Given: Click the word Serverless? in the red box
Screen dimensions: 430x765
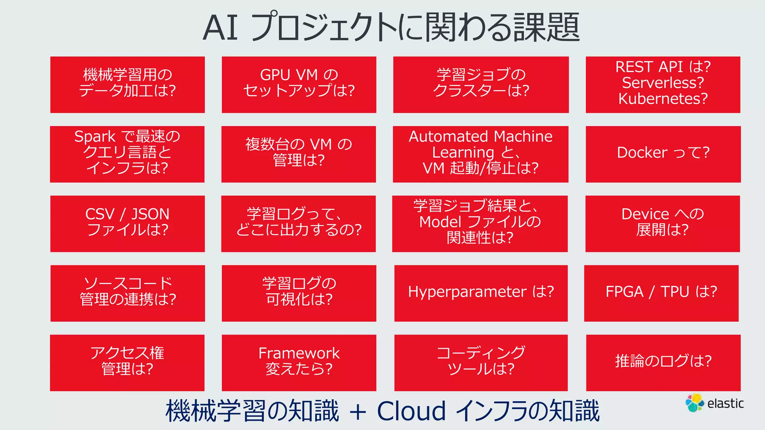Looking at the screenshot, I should pos(663,83).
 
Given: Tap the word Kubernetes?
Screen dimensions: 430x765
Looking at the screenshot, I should pos(663,99).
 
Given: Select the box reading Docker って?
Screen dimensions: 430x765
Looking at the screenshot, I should pos(663,154).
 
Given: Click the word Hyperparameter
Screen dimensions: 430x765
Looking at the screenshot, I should pos(467,292).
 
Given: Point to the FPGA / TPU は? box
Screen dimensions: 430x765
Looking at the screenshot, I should pos(661,293).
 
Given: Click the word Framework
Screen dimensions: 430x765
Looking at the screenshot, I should pos(299,353).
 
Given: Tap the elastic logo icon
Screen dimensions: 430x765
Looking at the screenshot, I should pos(694,403).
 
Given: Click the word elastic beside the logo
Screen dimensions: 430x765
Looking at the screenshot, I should pos(725,403).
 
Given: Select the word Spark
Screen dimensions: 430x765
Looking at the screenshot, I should pos(95,137).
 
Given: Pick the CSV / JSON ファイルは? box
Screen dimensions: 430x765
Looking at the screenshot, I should pos(127,224).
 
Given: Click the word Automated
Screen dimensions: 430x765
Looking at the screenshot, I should pos(448,137).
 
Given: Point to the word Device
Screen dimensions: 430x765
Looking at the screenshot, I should pos(645,214).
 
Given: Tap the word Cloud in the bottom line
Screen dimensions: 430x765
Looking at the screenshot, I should pos(411,411).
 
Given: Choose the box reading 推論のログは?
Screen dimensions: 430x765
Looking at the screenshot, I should pos(663,362).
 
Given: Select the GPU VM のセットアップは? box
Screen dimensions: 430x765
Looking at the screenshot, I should pos(299,85).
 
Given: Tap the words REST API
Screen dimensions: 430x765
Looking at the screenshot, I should pos(649,67).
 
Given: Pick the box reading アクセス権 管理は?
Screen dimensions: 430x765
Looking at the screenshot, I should pos(127,362).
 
